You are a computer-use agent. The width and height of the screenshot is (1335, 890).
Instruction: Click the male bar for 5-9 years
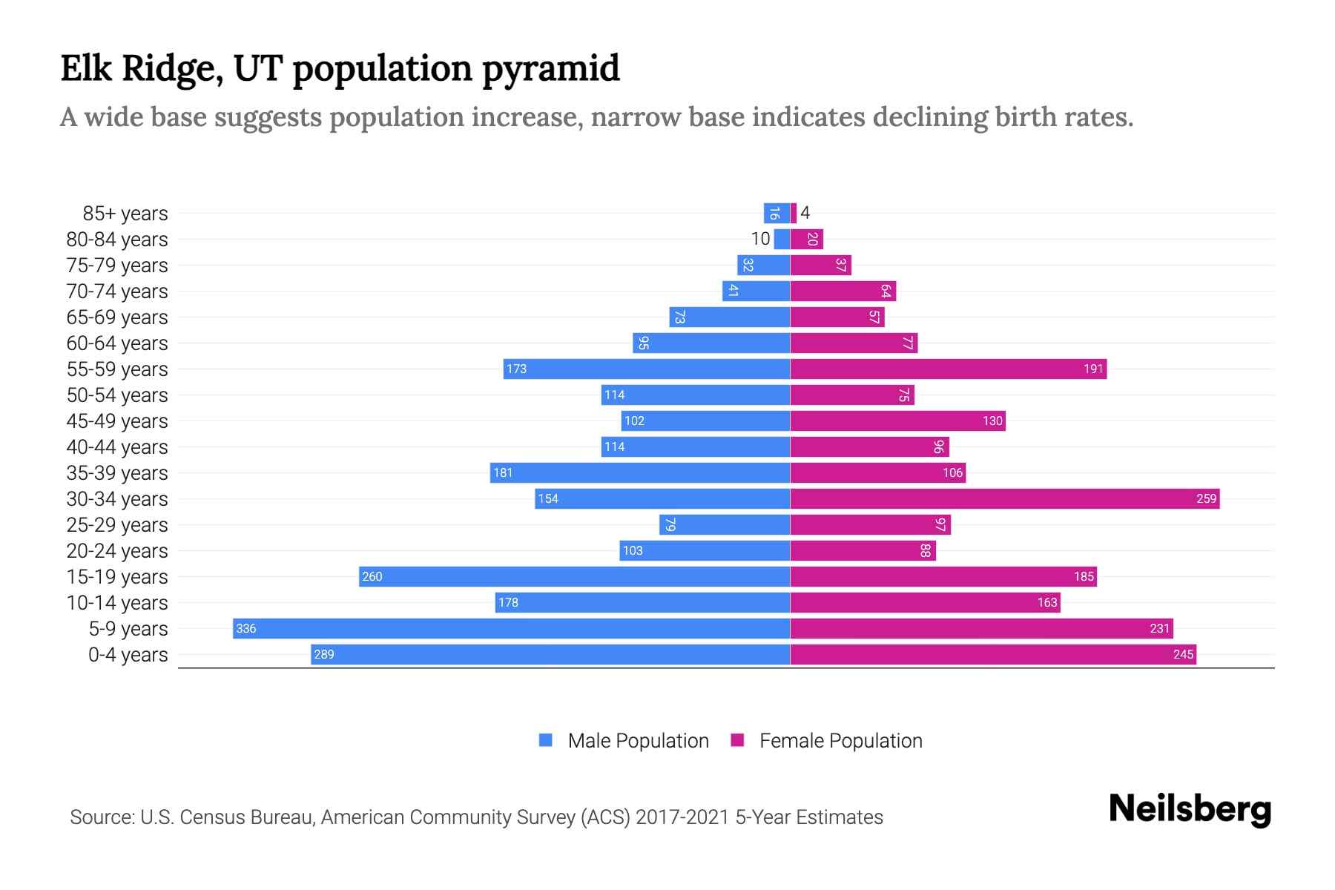(x=512, y=628)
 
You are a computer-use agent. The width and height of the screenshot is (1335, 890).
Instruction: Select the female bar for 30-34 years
(x=1005, y=498)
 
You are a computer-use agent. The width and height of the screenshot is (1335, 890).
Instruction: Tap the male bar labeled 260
(x=575, y=576)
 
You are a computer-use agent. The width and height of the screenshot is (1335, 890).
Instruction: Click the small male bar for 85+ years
(x=777, y=213)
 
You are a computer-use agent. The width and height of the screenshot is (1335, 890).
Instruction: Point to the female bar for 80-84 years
(x=807, y=239)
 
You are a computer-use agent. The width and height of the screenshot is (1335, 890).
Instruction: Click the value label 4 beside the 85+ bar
(x=805, y=213)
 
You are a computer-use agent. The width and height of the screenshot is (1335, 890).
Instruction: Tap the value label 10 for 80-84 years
(x=760, y=239)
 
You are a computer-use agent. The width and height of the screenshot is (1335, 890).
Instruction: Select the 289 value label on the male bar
(x=324, y=654)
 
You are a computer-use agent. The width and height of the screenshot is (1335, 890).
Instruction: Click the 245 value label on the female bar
(x=1183, y=654)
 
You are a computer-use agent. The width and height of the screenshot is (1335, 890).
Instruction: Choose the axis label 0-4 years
(x=128, y=655)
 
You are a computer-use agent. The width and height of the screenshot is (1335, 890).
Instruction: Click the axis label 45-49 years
(x=117, y=421)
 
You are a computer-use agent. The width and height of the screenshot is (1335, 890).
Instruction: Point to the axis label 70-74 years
(x=117, y=291)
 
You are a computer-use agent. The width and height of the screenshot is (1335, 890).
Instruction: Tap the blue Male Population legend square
(x=546, y=740)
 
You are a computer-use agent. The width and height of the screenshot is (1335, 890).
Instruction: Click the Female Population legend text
(x=840, y=741)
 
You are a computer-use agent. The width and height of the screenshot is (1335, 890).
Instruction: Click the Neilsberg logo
(x=1190, y=809)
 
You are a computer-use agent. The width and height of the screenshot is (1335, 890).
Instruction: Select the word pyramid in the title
(x=550, y=69)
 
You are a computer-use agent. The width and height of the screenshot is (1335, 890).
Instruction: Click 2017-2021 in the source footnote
(x=682, y=817)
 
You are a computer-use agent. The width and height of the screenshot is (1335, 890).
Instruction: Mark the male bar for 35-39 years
(x=639, y=472)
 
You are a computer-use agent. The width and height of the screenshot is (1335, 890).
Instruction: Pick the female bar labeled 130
(x=897, y=421)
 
